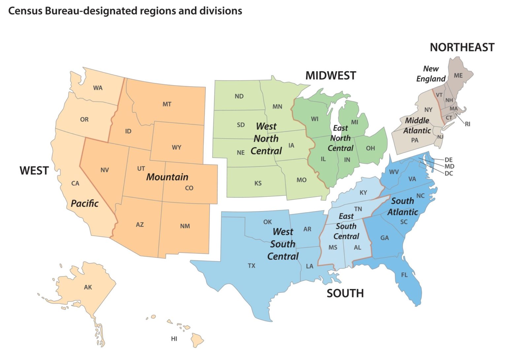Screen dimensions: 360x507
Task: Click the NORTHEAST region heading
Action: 462,48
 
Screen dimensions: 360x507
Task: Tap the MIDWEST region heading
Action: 330,76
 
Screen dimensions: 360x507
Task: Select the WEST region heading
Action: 34,171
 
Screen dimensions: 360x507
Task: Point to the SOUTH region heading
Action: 345,293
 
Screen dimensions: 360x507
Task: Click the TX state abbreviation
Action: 252,266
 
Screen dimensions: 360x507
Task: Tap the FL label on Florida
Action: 404,275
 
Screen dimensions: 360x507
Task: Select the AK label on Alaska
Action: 88,287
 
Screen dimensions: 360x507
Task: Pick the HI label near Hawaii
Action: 174,339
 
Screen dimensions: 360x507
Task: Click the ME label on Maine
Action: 458,76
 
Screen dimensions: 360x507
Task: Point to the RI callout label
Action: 467,124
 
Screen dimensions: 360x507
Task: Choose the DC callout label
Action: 449,173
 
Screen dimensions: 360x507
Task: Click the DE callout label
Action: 449,160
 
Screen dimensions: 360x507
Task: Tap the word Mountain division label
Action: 167,177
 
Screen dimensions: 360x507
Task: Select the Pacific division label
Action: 84,204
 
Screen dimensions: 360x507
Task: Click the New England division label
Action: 431,74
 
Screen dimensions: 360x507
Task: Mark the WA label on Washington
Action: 98,88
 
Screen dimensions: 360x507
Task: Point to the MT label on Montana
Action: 167,104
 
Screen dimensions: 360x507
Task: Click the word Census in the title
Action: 25,11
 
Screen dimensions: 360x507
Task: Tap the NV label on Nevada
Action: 105,170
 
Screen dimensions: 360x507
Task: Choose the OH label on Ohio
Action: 370,148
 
